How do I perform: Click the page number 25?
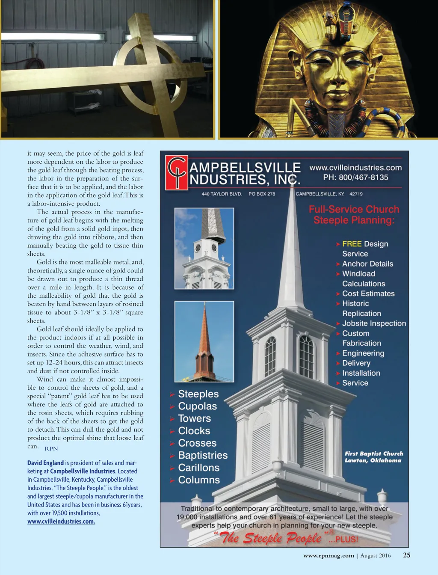406,555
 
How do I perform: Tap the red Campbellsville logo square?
177,172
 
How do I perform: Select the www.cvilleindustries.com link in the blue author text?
61,522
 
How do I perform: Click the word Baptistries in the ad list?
203,455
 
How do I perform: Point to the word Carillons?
198,468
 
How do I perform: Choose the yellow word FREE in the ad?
352,244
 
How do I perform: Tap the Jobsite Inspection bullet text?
374,323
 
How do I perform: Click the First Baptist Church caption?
374,457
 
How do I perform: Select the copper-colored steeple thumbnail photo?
204,341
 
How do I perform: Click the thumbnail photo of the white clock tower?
204,248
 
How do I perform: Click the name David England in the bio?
45,463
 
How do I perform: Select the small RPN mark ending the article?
51,448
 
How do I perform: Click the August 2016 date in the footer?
375,555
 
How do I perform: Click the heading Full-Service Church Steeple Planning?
354,215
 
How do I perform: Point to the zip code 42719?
356,194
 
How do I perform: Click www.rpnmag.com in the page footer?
328,555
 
